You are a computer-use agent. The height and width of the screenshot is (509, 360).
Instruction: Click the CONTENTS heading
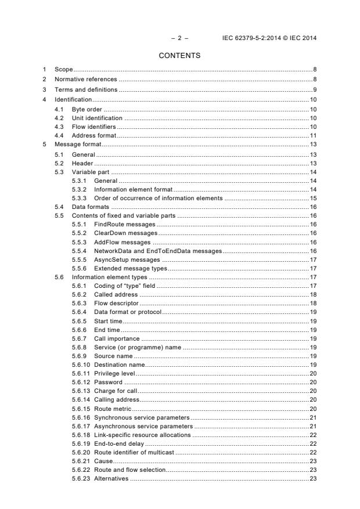[180, 56]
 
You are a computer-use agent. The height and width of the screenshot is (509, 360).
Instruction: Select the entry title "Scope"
[64, 70]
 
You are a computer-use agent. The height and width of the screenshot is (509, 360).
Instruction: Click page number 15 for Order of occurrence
[313, 198]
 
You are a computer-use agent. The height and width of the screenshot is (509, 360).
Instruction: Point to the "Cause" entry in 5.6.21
[103, 460]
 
